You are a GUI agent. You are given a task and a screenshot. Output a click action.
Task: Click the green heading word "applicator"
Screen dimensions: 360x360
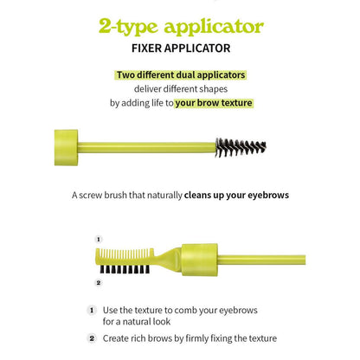(214, 28)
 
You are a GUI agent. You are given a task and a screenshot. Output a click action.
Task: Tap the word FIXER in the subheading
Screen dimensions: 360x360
(146, 48)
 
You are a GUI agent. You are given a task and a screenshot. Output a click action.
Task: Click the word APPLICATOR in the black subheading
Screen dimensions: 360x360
(197, 48)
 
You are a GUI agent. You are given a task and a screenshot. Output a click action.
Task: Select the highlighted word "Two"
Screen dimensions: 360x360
(125, 75)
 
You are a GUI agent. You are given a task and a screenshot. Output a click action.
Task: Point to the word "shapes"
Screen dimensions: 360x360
(213, 89)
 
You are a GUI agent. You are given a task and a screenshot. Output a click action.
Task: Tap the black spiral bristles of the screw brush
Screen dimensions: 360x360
(241, 148)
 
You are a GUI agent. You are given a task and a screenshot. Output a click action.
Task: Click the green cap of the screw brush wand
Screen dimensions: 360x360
(66, 147)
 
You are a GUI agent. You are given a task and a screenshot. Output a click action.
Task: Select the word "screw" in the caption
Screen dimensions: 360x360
(90, 196)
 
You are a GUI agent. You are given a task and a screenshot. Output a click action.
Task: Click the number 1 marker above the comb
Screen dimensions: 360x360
(99, 240)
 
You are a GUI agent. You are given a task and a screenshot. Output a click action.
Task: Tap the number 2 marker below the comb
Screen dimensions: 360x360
(99, 283)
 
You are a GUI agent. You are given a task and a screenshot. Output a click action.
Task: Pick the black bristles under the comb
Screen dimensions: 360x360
(125, 269)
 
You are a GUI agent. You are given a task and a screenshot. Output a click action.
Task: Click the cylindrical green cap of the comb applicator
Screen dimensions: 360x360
(199, 260)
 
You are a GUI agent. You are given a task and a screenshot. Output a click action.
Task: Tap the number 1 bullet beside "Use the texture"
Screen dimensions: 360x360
(92, 311)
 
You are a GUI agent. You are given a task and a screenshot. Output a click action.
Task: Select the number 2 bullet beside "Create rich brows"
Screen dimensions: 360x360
(92, 338)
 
